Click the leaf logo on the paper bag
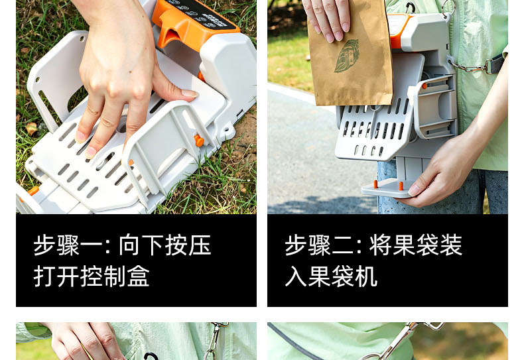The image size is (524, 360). coord(346,56)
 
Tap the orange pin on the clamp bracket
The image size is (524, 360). coord(199,141)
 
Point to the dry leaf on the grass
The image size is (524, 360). coord(31,128)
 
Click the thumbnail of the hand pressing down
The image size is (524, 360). coord(137,107)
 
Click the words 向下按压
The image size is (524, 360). coord(165,245)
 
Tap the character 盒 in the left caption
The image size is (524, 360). coord(138,276)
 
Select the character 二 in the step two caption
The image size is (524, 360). coord(342,246)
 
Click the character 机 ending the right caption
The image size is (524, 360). coord(366,276)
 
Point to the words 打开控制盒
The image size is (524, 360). coord(92,276)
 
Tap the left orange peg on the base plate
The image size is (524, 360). coord(375,184)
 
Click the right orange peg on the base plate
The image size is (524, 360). coord(401,186)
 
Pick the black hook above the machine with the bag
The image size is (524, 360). coord(411,7)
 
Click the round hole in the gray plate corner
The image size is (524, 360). coord(81,38)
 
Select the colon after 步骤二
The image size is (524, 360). coord(360,247)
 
